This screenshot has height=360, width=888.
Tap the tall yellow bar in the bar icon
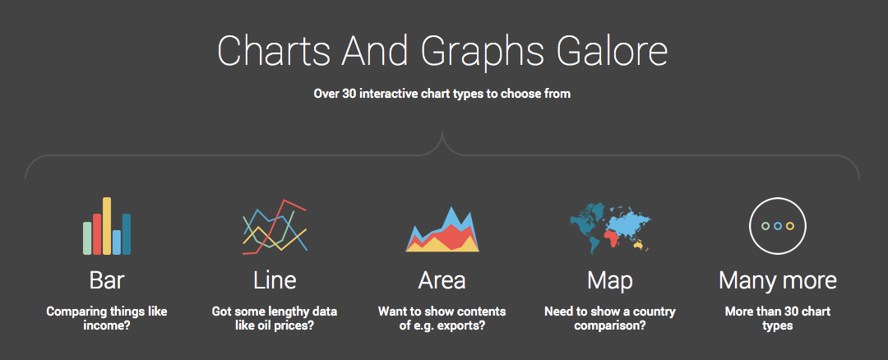point(106,226)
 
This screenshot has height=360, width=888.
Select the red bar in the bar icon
point(97,234)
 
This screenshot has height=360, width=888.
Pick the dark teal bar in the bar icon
point(127,234)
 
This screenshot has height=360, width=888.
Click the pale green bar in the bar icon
point(87,238)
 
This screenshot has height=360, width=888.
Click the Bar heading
point(107,280)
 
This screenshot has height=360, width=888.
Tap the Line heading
point(275,280)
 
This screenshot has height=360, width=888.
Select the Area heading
point(442,280)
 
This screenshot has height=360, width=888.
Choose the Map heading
point(610,281)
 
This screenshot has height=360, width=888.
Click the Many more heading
point(778,281)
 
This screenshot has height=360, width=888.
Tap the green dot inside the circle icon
point(765,226)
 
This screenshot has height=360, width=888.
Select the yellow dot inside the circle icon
point(790,226)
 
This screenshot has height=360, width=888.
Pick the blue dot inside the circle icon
point(778,226)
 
